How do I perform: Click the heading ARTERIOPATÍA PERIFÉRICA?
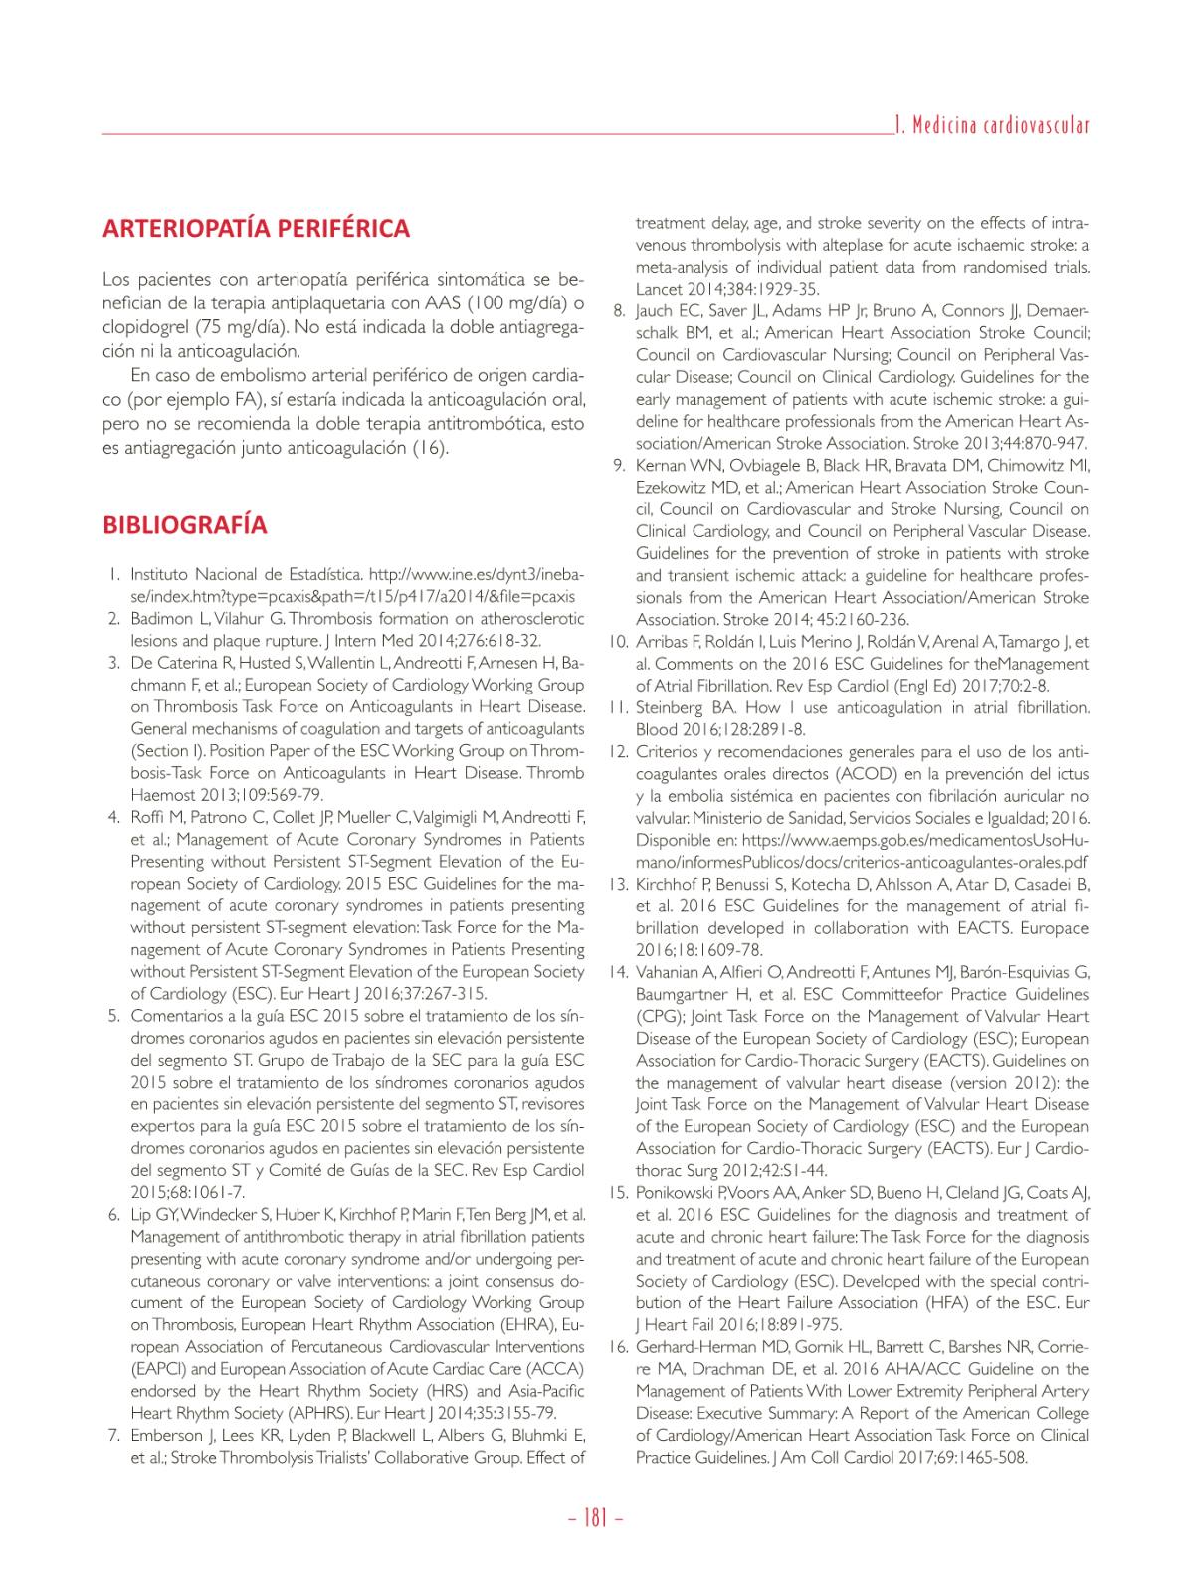tap(256, 229)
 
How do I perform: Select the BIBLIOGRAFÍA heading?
tap(184, 525)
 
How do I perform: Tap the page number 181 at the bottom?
tap(595, 1519)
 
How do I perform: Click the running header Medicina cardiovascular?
tap(991, 126)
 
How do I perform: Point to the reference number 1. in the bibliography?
tap(114, 575)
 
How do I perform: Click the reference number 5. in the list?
tap(114, 1016)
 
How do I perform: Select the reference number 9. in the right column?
tap(618, 465)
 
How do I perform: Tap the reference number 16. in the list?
tap(616, 1347)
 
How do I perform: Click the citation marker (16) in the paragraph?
tap(430, 448)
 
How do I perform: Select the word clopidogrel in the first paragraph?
tap(143, 326)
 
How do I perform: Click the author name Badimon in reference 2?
tap(162, 619)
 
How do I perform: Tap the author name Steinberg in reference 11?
tap(669, 708)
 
